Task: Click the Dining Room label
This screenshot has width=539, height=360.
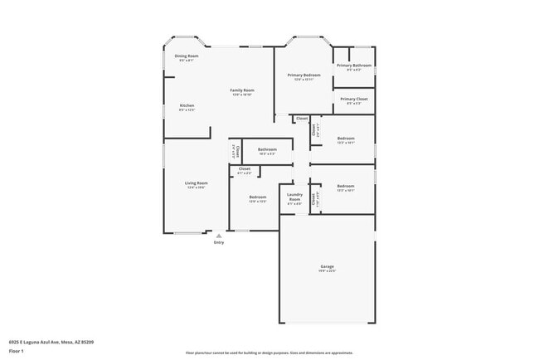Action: point(186,56)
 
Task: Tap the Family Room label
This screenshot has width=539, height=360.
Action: point(242,90)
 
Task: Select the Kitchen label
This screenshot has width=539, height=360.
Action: point(187,105)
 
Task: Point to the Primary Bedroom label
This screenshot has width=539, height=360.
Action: point(304,75)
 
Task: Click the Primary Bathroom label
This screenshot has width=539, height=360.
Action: point(354,65)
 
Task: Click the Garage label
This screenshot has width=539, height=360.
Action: point(328,266)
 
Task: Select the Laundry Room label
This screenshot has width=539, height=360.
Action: point(294,198)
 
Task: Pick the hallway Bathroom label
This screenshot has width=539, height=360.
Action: point(267,149)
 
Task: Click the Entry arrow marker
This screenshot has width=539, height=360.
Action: point(219,235)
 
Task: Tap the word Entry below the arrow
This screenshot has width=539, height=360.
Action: point(219,242)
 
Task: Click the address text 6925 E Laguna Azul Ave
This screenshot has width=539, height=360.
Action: point(51,341)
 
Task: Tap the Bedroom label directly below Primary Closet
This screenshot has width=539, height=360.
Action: point(346,139)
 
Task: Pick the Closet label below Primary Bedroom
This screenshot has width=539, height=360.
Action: point(302,119)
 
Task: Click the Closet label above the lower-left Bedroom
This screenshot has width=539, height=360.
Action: point(245,169)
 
